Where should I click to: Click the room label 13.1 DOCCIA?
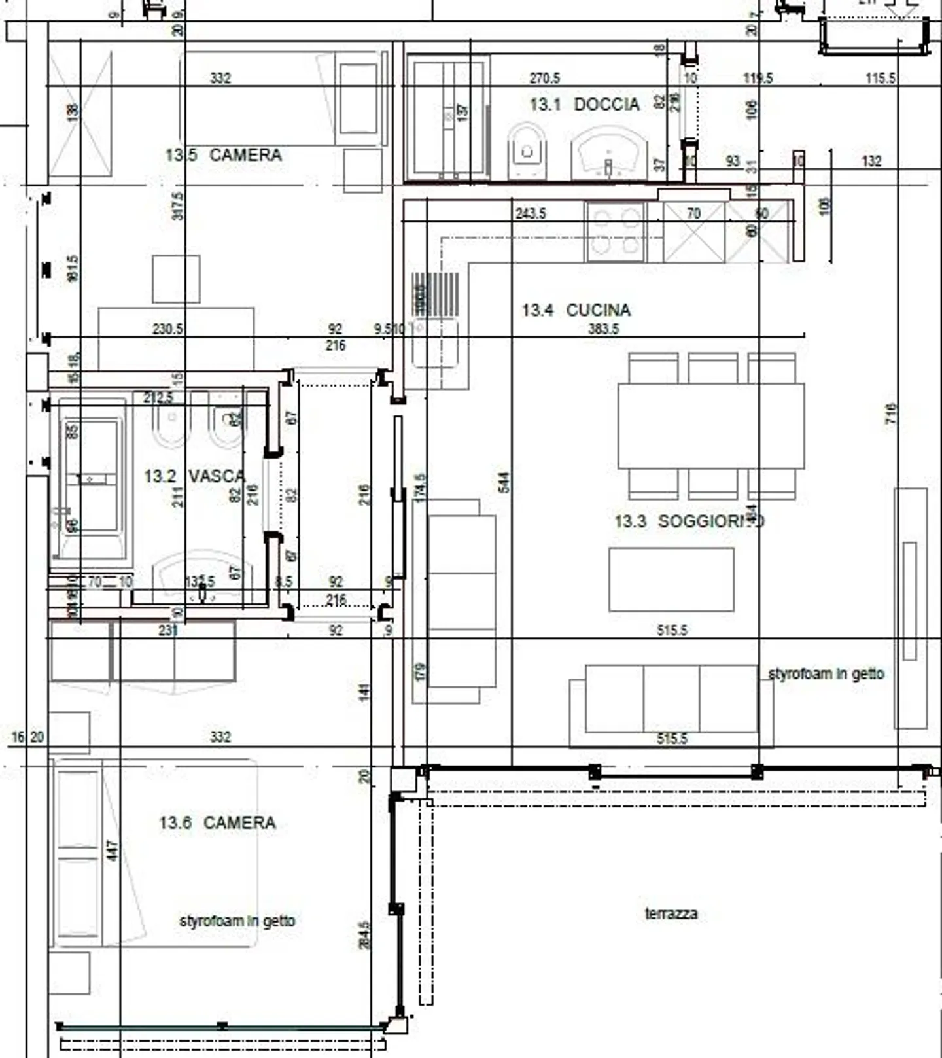point(584,105)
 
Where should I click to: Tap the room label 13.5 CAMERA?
point(223,156)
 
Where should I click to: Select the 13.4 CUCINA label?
point(576,310)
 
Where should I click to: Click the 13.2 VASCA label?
point(194,476)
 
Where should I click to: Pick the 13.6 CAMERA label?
point(217,822)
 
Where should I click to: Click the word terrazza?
point(671,913)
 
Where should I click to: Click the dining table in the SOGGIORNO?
point(710,427)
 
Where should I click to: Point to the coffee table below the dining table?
point(671,580)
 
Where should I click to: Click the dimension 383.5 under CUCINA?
point(603,329)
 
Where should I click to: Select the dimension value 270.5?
point(544,79)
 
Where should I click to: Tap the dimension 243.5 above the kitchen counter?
point(530,214)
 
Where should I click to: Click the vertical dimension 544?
point(503,483)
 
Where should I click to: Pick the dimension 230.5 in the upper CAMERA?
point(167,329)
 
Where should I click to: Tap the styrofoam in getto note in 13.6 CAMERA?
point(237,921)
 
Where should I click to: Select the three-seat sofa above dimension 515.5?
point(671,699)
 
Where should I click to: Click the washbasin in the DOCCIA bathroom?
point(608,155)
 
